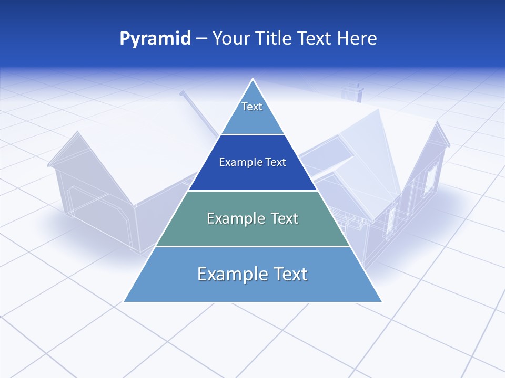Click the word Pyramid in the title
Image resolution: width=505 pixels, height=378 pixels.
(155, 39)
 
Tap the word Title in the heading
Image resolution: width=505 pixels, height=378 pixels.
(277, 39)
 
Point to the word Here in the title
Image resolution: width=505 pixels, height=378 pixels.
(357, 39)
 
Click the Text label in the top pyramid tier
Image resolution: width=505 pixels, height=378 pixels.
(252, 107)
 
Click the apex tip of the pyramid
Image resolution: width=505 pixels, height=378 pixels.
(253, 80)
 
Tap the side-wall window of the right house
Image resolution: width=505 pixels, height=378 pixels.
(430, 177)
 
